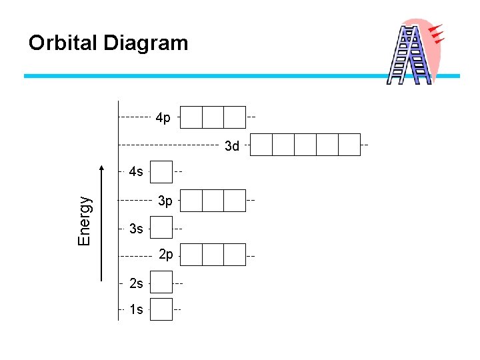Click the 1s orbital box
(x=161, y=309)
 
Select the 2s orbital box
(x=161, y=282)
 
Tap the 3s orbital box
(x=161, y=228)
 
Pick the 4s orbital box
(x=161, y=171)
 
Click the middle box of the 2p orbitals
(x=213, y=255)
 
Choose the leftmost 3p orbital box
(x=191, y=200)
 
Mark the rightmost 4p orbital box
(x=235, y=117)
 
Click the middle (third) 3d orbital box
(x=305, y=145)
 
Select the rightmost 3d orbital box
(x=349, y=145)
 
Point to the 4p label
(x=163, y=118)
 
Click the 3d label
(x=231, y=145)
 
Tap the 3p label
(x=165, y=200)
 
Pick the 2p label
(x=166, y=255)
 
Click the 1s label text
(x=136, y=310)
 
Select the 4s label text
(x=135, y=172)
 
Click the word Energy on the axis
(x=84, y=219)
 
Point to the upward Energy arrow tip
(x=102, y=166)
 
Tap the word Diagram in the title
(x=146, y=43)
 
